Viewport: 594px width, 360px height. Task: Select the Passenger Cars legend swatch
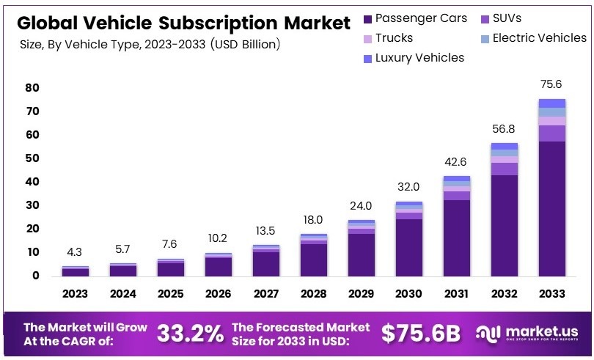pyautogui.click(x=367, y=18)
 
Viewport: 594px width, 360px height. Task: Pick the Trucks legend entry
pyautogui.click(x=394, y=37)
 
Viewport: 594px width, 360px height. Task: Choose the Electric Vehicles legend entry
pyautogui.click(x=539, y=37)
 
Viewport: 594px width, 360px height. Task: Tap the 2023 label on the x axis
pyautogui.click(x=75, y=294)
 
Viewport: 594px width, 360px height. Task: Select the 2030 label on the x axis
pyautogui.click(x=408, y=294)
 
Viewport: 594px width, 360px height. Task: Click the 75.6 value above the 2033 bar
pyautogui.click(x=551, y=84)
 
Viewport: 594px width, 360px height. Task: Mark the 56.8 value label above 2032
pyautogui.click(x=504, y=129)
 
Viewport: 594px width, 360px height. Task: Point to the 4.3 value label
pyautogui.click(x=75, y=253)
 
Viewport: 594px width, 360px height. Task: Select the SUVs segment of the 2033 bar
pyautogui.click(x=551, y=133)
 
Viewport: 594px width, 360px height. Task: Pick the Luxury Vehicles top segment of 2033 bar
pyautogui.click(x=551, y=103)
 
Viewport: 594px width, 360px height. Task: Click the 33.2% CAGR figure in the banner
pyautogui.click(x=190, y=334)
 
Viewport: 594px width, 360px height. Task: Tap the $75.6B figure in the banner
pyautogui.click(x=421, y=334)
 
